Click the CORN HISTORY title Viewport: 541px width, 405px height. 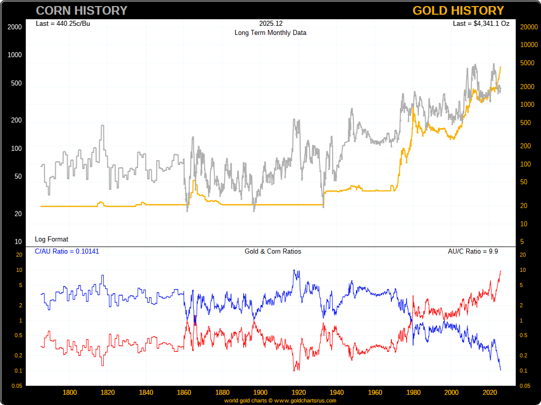pyautogui.click(x=81, y=11)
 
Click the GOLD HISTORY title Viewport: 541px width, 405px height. pyautogui.click(x=458, y=11)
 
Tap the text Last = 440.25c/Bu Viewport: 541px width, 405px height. pyautogui.click(x=63, y=23)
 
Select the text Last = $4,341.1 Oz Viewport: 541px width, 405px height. pyautogui.click(x=481, y=23)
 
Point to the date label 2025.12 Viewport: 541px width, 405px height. pyautogui.click(x=270, y=23)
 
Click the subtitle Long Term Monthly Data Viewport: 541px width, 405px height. pyautogui.click(x=270, y=32)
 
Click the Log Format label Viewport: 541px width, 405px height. pyautogui.click(x=52, y=239)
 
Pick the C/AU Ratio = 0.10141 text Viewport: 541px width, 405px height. pyautogui.click(x=67, y=251)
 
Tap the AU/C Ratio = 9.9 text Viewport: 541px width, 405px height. pyautogui.click(x=473, y=251)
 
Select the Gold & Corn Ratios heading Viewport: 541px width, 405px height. pyautogui.click(x=273, y=251)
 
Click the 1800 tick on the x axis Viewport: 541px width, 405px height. pyautogui.click(x=70, y=392)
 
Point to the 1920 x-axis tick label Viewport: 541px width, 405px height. pyautogui.click(x=299, y=392)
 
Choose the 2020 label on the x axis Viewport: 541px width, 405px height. pyautogui.click(x=489, y=392)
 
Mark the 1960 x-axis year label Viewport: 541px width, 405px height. pyautogui.click(x=375, y=392)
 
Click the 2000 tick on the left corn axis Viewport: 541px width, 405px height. pyautogui.click(x=15, y=27)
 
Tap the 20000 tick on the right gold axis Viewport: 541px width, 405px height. pyautogui.click(x=528, y=27)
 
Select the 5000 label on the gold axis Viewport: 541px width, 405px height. pyautogui.click(x=526, y=63)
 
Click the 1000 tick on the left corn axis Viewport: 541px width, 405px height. pyautogui.click(x=15, y=55)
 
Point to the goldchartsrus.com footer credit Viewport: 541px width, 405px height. pyautogui.click(x=280, y=400)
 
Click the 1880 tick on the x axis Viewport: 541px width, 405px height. pyautogui.click(x=222, y=392)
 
